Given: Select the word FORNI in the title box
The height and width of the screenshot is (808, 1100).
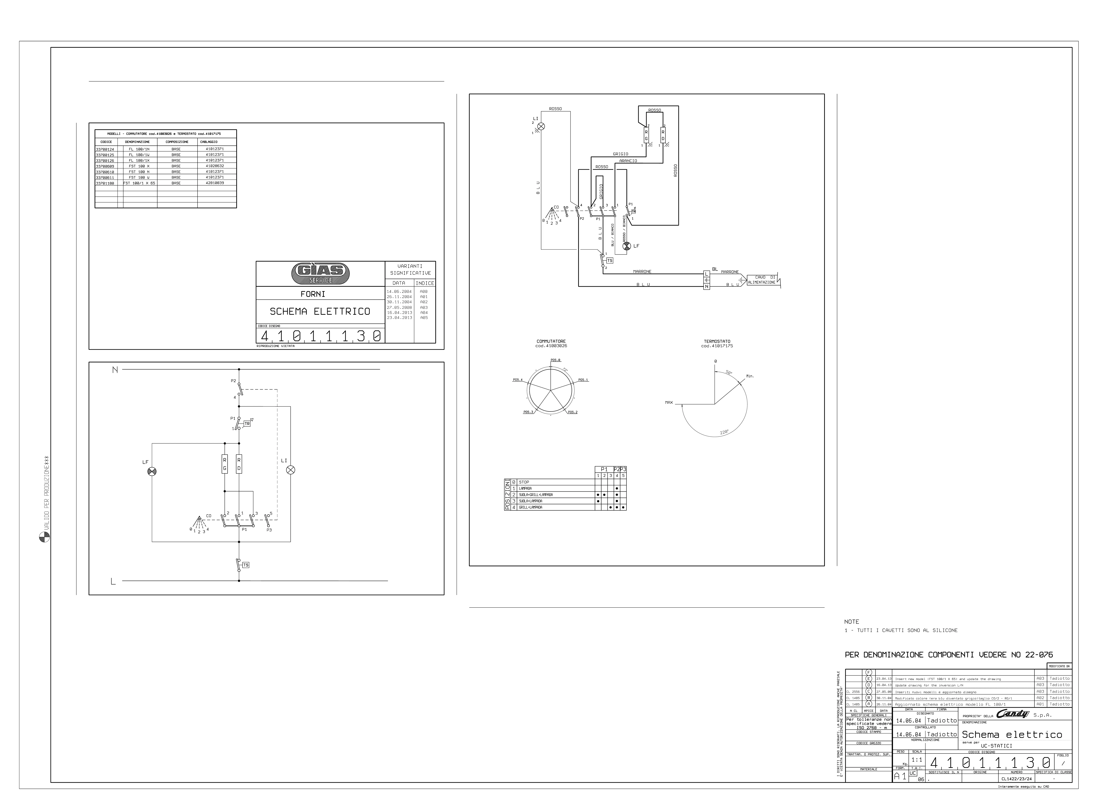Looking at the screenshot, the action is [313, 294].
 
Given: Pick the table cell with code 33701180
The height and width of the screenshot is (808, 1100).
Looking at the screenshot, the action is [105, 183].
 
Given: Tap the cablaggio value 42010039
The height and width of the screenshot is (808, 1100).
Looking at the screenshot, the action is [215, 183].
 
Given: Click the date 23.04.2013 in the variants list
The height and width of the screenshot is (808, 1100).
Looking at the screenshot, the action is [399, 317].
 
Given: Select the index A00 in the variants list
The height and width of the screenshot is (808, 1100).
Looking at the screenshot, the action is [424, 291].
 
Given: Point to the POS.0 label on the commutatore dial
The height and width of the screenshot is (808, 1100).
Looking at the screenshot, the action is [555, 360].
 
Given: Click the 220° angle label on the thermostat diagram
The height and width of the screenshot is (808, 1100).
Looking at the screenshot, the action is [724, 432].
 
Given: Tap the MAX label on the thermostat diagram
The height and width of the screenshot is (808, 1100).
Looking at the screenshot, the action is [669, 402].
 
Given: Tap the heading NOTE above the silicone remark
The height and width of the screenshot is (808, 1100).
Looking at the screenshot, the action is [852, 622].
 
